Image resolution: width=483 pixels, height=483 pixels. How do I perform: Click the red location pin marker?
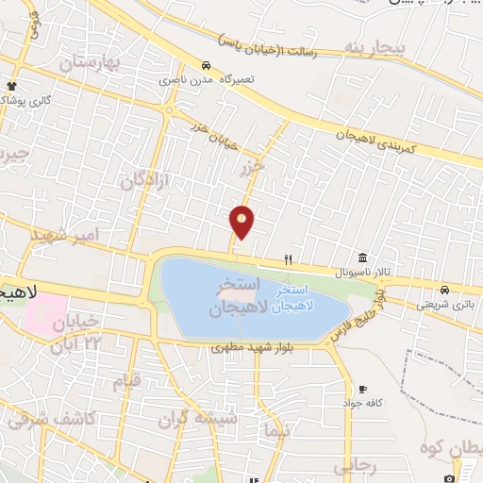[x=242, y=222]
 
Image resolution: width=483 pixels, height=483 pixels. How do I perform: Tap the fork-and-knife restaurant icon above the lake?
[x=289, y=259]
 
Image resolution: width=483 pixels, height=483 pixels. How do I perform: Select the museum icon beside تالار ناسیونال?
[x=363, y=258]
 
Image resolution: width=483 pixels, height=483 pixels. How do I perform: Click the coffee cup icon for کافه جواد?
[x=362, y=389]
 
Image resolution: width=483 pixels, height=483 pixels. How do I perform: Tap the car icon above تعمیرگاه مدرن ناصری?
[x=206, y=66]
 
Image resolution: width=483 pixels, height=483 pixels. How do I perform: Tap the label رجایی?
[x=356, y=466]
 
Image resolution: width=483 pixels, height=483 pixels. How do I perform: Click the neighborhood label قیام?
[x=126, y=381]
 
